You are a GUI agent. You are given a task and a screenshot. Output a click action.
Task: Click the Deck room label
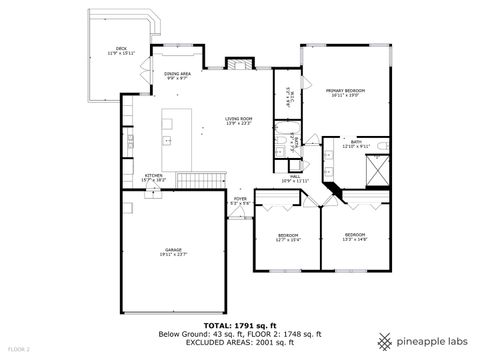click(121, 50)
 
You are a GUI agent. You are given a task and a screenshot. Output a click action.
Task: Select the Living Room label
click(238, 120)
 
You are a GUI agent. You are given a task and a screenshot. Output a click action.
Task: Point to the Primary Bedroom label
click(345, 93)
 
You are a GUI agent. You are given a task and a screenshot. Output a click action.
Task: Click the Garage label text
click(174, 252)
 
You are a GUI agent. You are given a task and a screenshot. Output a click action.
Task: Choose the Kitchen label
click(153, 177)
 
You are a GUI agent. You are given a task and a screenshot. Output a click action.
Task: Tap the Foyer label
click(240, 201)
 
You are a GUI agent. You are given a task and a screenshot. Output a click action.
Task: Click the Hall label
click(295, 178)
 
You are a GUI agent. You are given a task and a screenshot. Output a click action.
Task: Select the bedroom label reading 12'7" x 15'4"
click(288, 237)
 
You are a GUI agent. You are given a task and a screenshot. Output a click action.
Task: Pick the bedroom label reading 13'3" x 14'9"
click(355, 237)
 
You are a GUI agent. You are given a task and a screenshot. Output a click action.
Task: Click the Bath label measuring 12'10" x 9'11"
click(356, 144)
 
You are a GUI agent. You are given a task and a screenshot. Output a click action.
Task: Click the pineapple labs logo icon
click(384, 337)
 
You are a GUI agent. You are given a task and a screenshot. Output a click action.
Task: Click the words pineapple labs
click(432, 337)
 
